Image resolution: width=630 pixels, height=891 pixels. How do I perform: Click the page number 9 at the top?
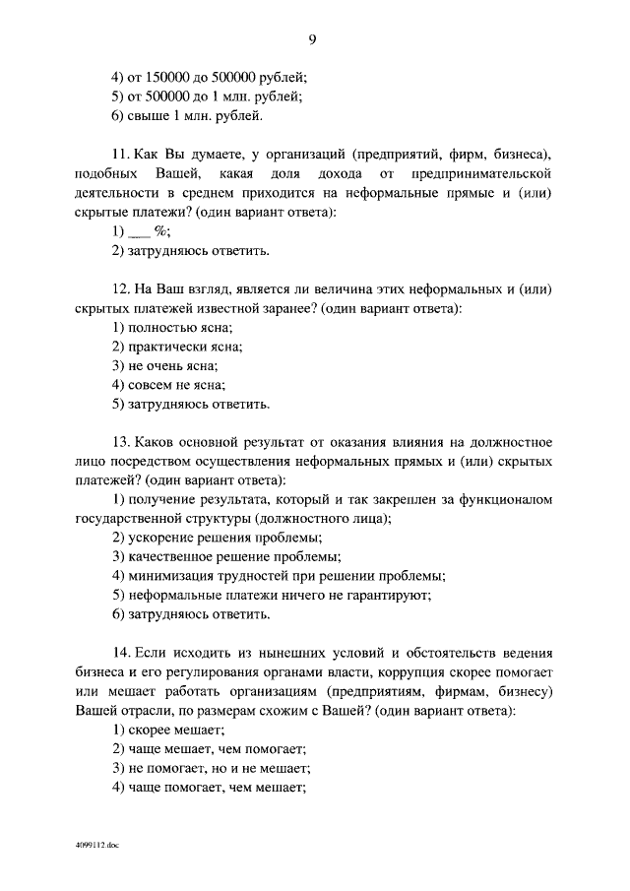[312, 39]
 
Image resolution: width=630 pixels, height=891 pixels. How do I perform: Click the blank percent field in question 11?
[141, 231]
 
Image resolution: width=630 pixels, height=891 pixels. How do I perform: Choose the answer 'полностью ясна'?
[172, 327]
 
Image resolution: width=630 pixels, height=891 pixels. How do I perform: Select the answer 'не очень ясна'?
[164, 365]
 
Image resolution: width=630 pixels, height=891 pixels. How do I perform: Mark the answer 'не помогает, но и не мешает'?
[211, 767]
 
